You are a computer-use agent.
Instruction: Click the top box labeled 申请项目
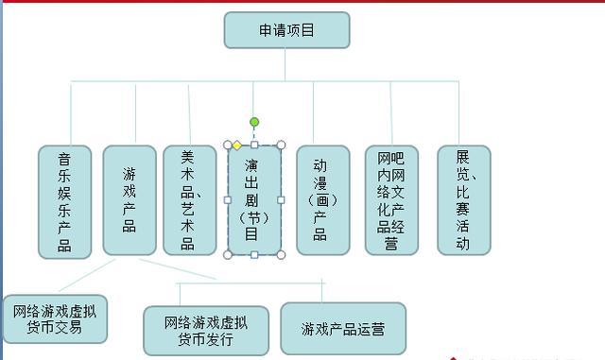[x=286, y=30]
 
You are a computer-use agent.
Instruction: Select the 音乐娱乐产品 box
[x=64, y=201]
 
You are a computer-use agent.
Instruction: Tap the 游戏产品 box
[x=130, y=199]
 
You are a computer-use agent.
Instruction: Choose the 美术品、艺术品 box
[x=189, y=199]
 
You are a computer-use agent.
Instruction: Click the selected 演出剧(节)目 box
[x=253, y=199]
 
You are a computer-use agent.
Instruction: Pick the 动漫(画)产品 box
[x=322, y=199]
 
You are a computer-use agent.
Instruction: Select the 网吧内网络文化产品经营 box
[x=391, y=199]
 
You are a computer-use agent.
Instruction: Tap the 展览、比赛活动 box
[x=463, y=199]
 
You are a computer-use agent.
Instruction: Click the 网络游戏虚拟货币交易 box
[x=54, y=318]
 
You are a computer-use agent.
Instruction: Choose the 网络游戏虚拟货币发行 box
[x=205, y=330]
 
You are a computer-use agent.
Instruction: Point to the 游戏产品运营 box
[x=343, y=329]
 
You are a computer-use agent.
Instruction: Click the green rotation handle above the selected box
[x=254, y=122]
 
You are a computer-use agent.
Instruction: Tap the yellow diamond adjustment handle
[x=237, y=145]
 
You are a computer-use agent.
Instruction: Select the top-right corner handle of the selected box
[x=281, y=145]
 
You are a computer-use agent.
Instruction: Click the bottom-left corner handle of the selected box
[x=227, y=255]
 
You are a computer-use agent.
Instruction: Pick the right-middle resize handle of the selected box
[x=281, y=199]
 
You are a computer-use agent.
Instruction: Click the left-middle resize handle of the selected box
[x=227, y=199]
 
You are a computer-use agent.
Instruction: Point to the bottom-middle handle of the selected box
[x=254, y=255]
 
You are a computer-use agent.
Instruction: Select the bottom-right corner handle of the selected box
[x=281, y=255]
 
